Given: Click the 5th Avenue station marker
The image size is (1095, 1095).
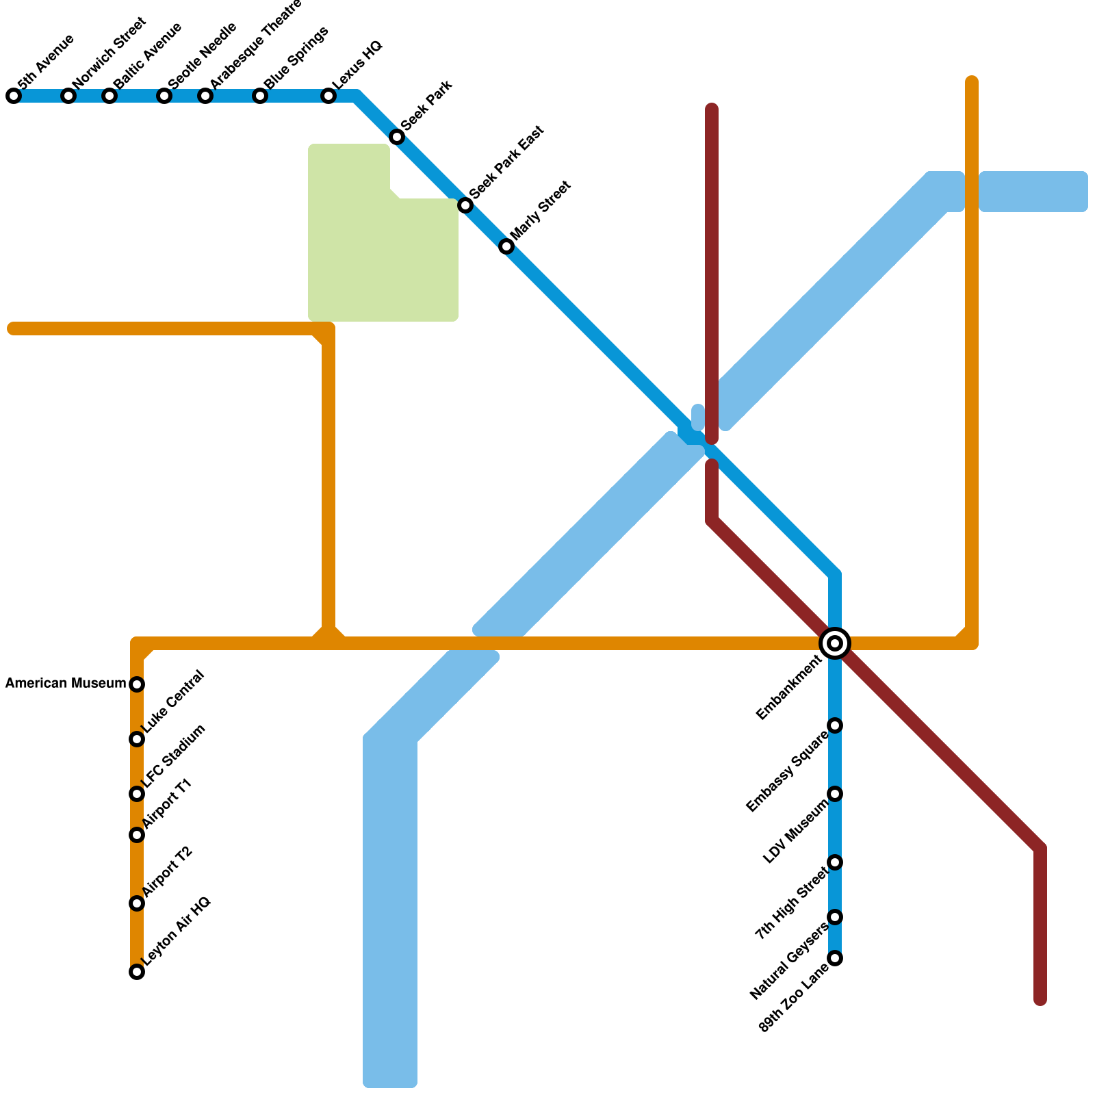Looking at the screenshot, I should [x=14, y=96].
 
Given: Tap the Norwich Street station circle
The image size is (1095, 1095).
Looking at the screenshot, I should [x=68, y=96].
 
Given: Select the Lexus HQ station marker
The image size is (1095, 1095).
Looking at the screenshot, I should [x=328, y=96].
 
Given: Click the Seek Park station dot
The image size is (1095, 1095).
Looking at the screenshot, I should [x=397, y=137].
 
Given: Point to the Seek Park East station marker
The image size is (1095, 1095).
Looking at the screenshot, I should [x=465, y=205].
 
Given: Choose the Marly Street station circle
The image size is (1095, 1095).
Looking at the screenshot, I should [x=506, y=246].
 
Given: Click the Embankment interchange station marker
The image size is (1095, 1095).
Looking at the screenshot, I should [x=835, y=643].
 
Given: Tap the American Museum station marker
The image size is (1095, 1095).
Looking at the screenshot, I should [x=137, y=684].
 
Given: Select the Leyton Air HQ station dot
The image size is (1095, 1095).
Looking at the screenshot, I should [x=137, y=972].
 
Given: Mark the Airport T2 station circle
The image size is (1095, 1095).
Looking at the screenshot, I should [x=137, y=903].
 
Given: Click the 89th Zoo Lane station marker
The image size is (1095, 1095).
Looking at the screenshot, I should [x=835, y=958].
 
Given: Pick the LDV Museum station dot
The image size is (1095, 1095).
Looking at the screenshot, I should [x=835, y=794].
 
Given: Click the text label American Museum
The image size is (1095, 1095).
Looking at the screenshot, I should [x=66, y=684].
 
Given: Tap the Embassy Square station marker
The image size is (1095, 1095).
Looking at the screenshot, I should [x=835, y=725].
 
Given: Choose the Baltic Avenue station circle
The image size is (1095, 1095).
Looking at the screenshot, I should [x=109, y=96].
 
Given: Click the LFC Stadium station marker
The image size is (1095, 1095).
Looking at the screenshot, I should [x=137, y=794].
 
